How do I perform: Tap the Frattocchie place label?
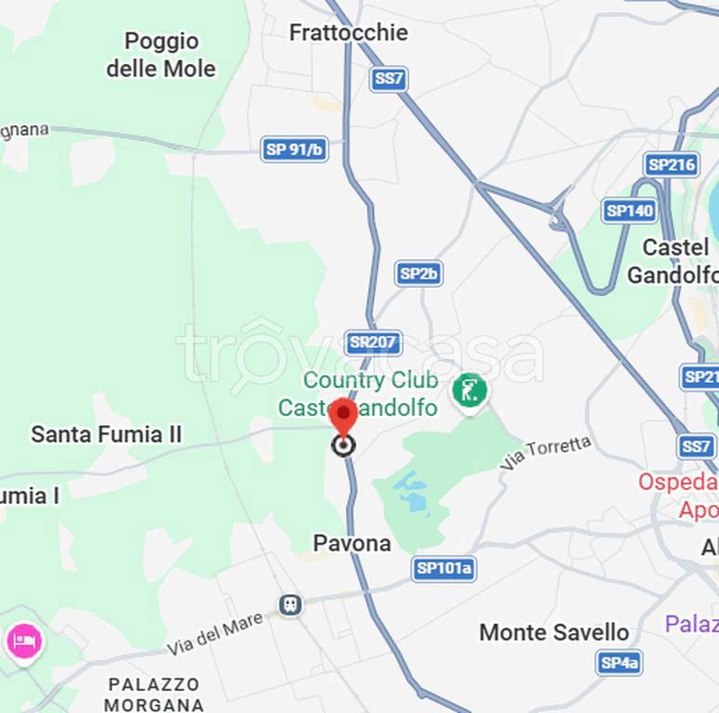[x=348, y=32]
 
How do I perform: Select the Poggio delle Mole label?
[x=161, y=55]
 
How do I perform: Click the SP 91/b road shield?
[x=294, y=149]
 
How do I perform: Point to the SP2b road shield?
[x=419, y=273]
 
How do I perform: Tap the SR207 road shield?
[x=373, y=343]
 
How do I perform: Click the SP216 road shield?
[x=672, y=165]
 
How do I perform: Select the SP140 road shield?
[x=630, y=211]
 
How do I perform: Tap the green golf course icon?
[x=470, y=390]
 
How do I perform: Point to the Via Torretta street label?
[x=545, y=452]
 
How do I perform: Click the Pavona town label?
[x=351, y=543]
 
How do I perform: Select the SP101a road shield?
[x=444, y=569]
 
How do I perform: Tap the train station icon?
[x=291, y=605]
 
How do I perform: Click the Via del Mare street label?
[x=216, y=636]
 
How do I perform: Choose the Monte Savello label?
[x=554, y=632]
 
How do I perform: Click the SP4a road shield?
[x=619, y=662]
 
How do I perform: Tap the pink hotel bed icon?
[x=23, y=641]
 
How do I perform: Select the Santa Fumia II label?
[x=107, y=434]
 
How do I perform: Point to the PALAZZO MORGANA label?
[x=153, y=694]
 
